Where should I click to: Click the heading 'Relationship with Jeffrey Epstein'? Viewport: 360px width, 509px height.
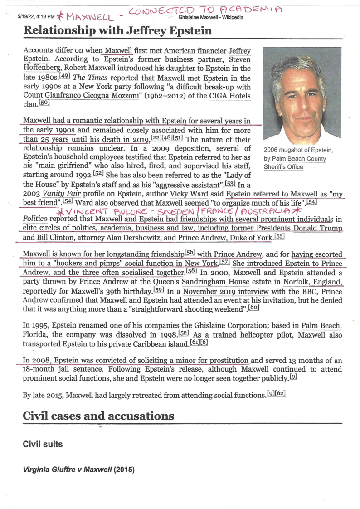click(x=117, y=31)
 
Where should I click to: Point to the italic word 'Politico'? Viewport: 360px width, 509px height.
click(x=36, y=220)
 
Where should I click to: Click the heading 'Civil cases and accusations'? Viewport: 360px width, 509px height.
click(x=98, y=416)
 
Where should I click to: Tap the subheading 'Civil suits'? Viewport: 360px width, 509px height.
click(x=43, y=445)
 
